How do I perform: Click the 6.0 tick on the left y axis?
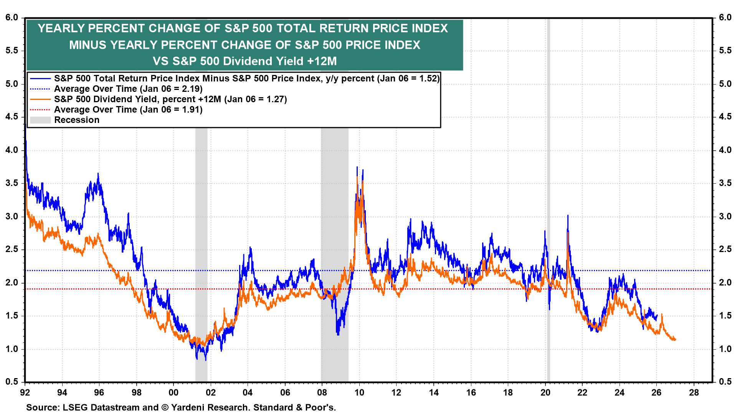pos(12,18)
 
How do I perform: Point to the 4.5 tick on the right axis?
pos(725,117)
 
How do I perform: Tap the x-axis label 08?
pos(322,393)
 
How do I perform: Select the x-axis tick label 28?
pos(694,393)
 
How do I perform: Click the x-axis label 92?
pos(25,393)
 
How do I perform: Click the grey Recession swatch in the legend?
pos(40,120)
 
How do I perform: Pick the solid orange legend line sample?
pos(40,100)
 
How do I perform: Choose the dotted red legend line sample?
pos(40,110)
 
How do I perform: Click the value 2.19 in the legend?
pos(191,89)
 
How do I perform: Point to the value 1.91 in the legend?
pos(191,110)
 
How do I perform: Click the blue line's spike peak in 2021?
pos(568,216)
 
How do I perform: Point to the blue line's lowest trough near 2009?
pos(338,335)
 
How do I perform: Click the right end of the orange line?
pos(675,340)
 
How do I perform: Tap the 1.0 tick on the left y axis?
pos(12,349)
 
